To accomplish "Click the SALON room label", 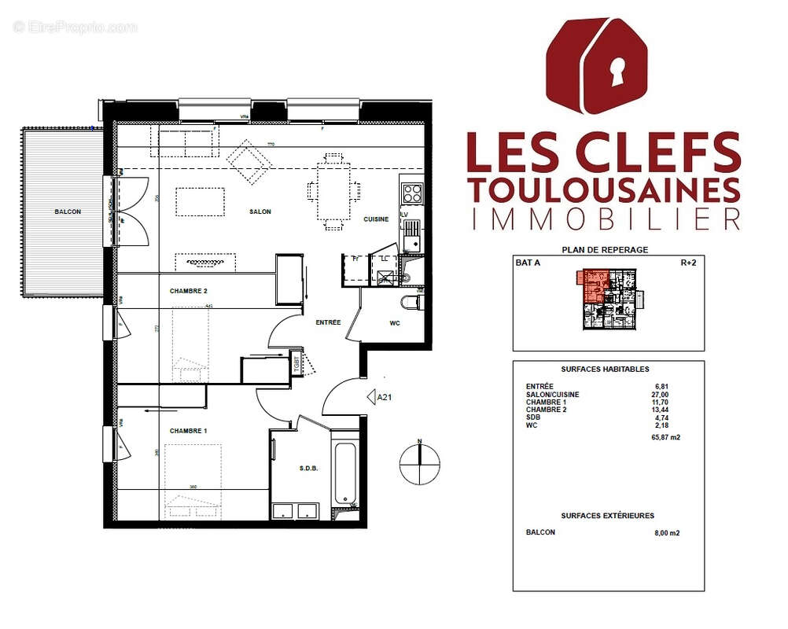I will click(260, 212).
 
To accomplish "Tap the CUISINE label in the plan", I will click(375, 219).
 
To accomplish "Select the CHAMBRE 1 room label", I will click(189, 431).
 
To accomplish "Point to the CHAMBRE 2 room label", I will click(189, 291).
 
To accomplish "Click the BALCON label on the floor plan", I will click(68, 212).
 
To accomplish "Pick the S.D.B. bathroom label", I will click(308, 469).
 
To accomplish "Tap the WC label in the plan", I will click(395, 323).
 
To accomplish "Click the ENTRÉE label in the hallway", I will click(328, 322).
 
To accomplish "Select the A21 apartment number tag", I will click(385, 398).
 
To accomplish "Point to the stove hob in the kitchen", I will click(411, 193).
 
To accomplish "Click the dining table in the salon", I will click(334, 191).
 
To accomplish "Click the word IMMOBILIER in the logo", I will click(604, 219).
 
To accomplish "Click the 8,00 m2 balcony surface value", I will click(666, 533).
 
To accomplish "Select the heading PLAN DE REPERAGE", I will click(605, 249).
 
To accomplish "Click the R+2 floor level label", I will click(689, 264).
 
